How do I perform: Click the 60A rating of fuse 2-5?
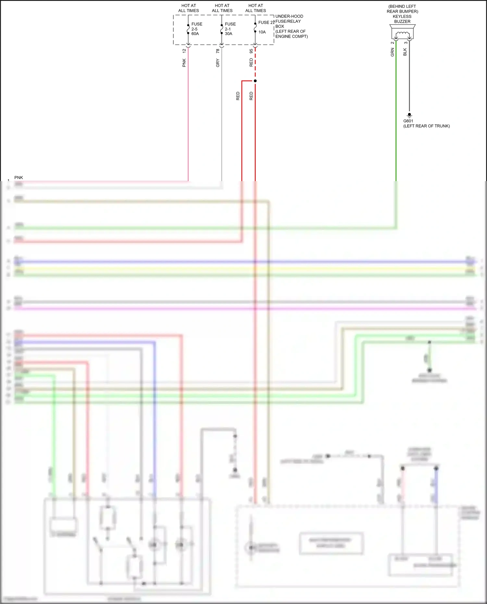(195, 34)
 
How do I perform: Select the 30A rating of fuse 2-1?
(229, 34)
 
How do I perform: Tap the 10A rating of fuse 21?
(262, 32)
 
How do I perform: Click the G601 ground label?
(408, 121)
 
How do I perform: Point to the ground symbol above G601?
(409, 115)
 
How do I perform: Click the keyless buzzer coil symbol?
(403, 34)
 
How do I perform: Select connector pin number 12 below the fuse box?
(184, 51)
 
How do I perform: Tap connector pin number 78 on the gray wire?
(218, 51)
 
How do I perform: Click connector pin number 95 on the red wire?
(251, 51)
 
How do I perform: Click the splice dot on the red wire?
(255, 81)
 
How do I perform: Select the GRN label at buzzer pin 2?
(392, 52)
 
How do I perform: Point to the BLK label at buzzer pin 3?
(405, 52)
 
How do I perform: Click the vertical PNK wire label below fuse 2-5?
(184, 63)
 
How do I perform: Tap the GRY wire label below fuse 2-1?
(218, 63)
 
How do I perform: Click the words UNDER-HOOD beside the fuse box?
(289, 16)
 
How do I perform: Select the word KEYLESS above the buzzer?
(402, 17)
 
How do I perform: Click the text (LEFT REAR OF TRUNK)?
(426, 126)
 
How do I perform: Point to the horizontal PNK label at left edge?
(19, 178)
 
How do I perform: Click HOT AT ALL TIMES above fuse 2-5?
(189, 8)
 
